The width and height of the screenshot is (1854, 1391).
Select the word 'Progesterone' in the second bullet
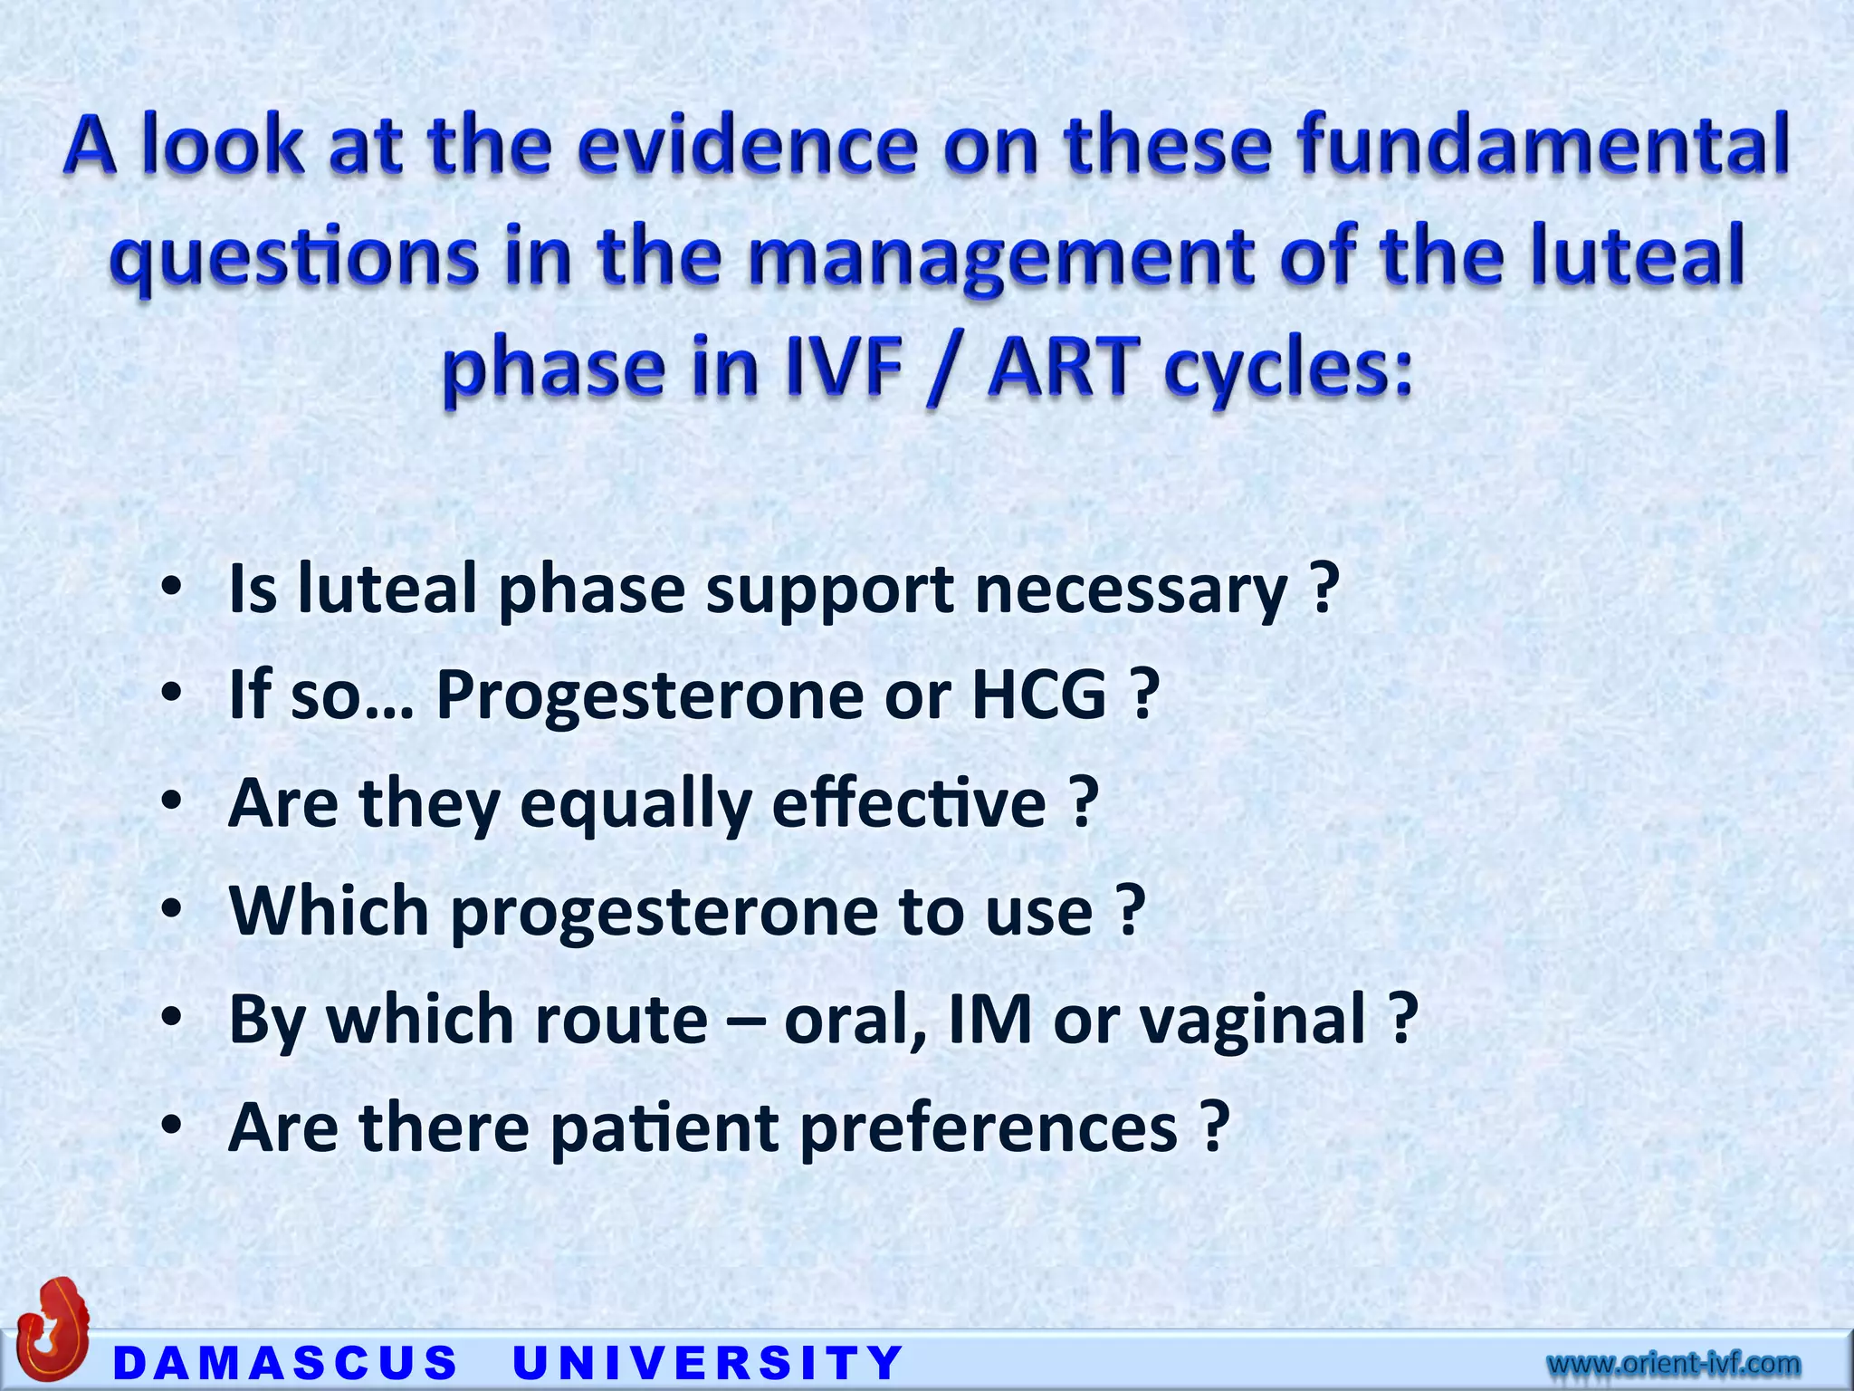649,695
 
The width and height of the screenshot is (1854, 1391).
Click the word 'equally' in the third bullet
636,804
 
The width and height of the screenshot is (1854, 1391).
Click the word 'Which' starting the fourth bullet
329,911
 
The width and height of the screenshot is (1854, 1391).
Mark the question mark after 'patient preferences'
1215,1127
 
